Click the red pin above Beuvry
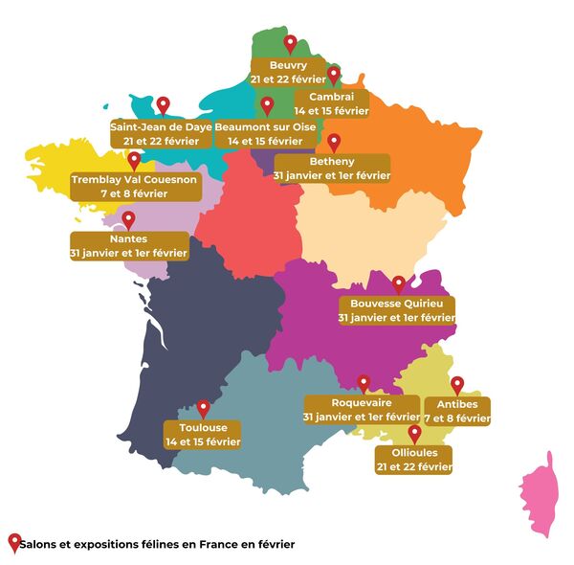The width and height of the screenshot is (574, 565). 290,43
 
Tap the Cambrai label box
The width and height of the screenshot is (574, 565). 332,103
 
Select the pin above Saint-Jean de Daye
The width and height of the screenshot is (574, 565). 163,104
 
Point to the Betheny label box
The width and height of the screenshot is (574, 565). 332,169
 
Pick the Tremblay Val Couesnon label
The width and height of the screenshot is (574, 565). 135,186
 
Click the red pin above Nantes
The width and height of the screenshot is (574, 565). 128,219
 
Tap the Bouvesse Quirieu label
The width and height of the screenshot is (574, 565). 397,310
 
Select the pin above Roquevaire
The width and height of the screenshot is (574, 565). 363,383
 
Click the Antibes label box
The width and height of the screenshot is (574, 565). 457,411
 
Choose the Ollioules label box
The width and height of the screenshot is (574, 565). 413,459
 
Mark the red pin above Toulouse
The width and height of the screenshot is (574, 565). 203,408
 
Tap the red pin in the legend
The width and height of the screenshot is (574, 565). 13,542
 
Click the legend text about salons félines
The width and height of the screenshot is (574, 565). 158,544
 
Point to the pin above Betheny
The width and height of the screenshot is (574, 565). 334,142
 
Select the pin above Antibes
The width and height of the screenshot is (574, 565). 457,384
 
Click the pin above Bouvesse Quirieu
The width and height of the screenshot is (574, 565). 399,283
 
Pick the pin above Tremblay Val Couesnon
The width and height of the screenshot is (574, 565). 134,159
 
